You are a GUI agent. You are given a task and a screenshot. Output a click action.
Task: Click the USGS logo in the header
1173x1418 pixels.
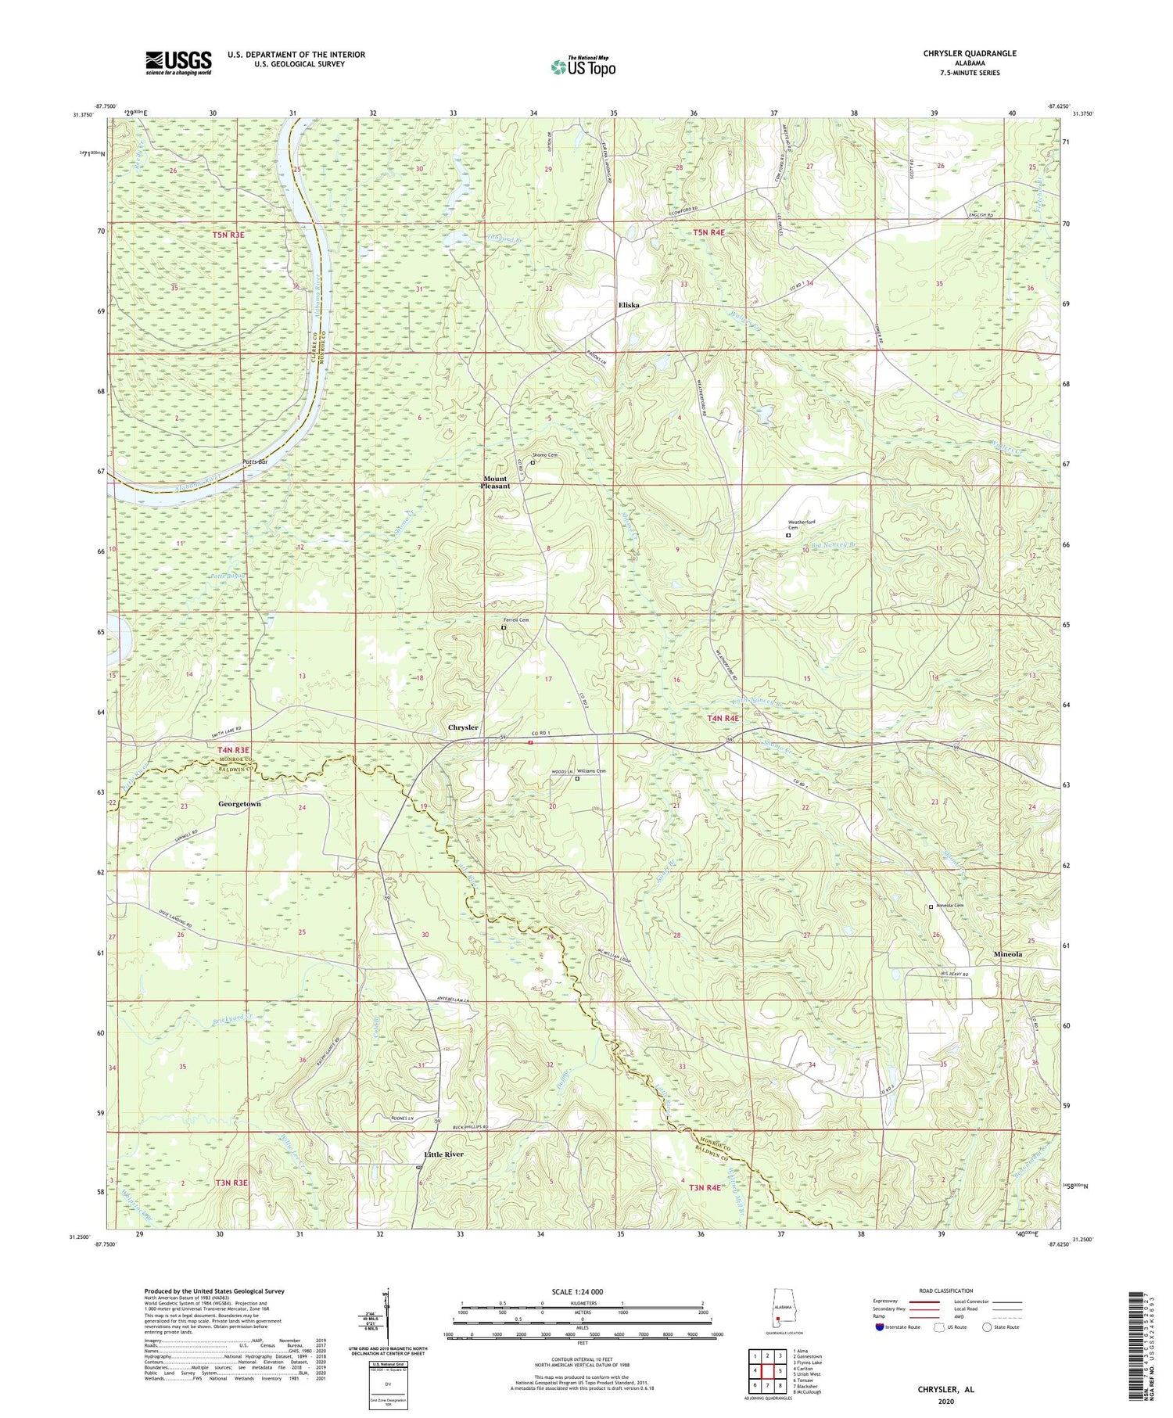pyautogui.click(x=178, y=63)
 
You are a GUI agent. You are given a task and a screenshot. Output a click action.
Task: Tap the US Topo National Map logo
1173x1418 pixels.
pyautogui.click(x=583, y=66)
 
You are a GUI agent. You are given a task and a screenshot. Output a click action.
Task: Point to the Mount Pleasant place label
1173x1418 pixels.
pyautogui.click(x=495, y=482)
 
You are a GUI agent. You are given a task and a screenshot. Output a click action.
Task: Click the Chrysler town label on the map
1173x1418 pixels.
pyautogui.click(x=463, y=727)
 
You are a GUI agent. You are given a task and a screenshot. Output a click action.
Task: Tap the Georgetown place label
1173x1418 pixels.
pyautogui.click(x=235, y=803)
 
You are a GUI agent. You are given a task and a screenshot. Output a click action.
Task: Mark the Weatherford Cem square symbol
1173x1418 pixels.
pyautogui.click(x=788, y=536)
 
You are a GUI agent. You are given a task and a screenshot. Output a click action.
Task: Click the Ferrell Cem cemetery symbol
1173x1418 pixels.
pyautogui.click(x=504, y=627)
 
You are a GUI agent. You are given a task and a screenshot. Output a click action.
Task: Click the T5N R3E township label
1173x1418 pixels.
pyautogui.click(x=228, y=235)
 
